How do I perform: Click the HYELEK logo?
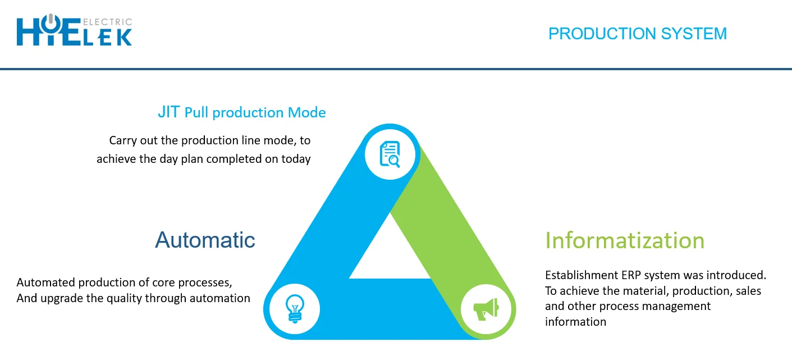point(74,30)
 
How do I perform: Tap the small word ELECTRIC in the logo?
point(107,22)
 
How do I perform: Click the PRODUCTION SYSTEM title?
point(638,34)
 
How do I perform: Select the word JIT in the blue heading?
point(168,112)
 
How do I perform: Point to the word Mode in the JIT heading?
point(306,112)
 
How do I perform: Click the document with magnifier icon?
point(390,154)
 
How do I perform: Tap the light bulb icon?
point(295,308)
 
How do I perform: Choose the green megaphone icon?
point(486,309)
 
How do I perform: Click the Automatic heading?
point(205,240)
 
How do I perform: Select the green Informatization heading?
point(625,241)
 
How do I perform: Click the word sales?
point(749,291)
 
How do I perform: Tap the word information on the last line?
point(575,322)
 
